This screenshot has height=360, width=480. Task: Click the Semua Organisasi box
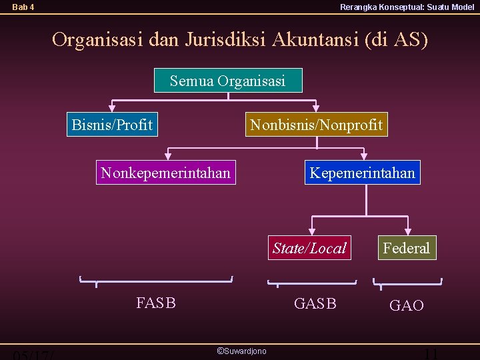pos(227,81)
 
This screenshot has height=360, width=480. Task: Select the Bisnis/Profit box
pos(112,125)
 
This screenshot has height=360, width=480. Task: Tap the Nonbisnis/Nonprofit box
pos(316,125)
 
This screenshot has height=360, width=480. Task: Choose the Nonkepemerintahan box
pos(165,173)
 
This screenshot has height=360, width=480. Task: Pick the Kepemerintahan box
pos(362,173)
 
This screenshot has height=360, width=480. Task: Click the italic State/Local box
pos(309,248)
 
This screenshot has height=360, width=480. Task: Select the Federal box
pos(406,248)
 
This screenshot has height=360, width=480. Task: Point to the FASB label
pos(156,303)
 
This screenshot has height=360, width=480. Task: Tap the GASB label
pos(315,303)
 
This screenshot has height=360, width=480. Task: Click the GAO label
pos(406,305)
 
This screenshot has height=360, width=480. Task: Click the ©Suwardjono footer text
pos(241,351)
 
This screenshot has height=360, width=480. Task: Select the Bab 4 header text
pos(23,7)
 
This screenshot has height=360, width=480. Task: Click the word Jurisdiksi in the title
pos(227,40)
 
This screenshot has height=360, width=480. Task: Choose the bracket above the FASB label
pos(156,280)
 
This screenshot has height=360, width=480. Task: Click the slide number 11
pos(431,354)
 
